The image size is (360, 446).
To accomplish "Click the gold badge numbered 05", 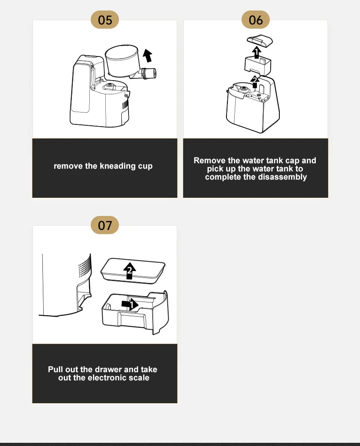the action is coord(105,20).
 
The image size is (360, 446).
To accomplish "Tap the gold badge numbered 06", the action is coord(256,20).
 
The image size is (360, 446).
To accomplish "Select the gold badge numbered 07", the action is coord(105,225).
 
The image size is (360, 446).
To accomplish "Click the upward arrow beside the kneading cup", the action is coord(147,55).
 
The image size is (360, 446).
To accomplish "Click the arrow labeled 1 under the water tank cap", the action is coord(257,53).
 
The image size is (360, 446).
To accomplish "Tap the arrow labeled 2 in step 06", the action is coord(255,82).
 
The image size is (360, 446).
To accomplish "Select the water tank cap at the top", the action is coord(260,41).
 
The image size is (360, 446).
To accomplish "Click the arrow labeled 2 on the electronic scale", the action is coord(129,271).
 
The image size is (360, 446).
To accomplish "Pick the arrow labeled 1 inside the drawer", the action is coord(130,304).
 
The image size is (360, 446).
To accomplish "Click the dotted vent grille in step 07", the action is coord(85,266).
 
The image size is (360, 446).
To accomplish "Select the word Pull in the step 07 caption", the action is coord(56,369).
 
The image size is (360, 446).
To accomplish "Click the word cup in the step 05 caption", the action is coord(145,166).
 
